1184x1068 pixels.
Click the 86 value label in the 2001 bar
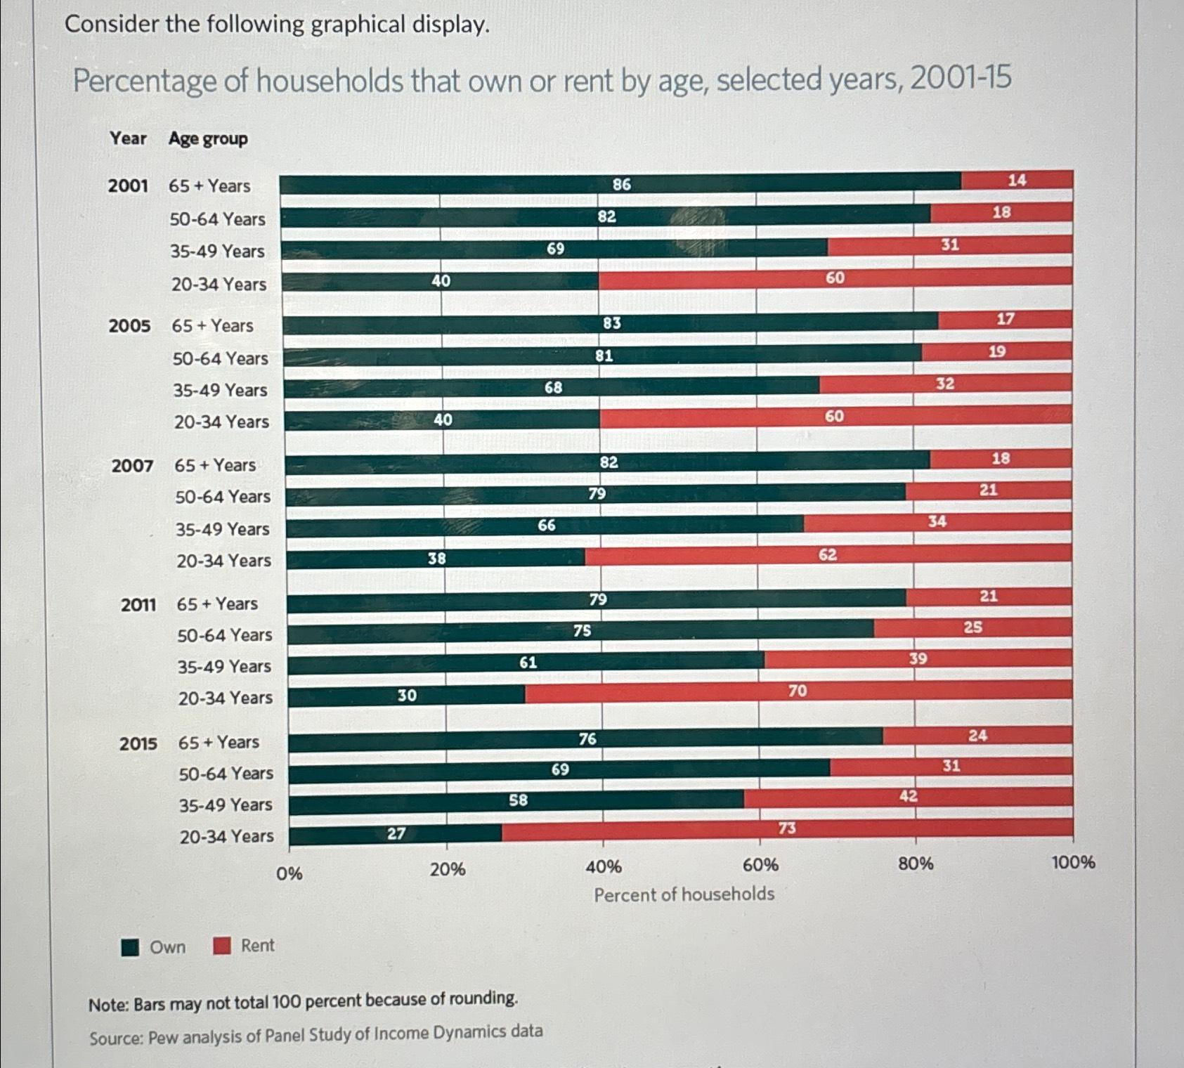click(x=621, y=184)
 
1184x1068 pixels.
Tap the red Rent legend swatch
click(x=222, y=946)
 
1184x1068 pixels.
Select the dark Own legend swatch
click(x=130, y=947)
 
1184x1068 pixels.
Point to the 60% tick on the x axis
click(x=760, y=866)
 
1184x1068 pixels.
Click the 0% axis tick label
click(x=289, y=873)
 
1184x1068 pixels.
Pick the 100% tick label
click(x=1073, y=862)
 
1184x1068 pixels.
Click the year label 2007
click(x=132, y=466)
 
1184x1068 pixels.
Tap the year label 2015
click(x=138, y=743)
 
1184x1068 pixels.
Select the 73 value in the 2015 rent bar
click(x=787, y=828)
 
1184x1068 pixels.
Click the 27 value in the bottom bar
click(x=396, y=833)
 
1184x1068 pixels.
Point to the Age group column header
click(x=208, y=139)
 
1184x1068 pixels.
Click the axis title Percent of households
click(x=684, y=894)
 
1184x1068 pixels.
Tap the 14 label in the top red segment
click(x=1017, y=180)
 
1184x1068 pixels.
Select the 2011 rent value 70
click(x=797, y=691)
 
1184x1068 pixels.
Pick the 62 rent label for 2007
click(x=828, y=555)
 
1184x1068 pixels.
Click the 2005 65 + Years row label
click(x=212, y=326)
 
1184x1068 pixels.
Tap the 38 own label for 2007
click(x=437, y=559)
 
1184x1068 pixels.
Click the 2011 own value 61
click(x=528, y=663)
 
